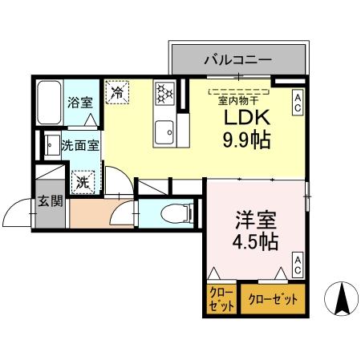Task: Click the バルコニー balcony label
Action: (237, 59)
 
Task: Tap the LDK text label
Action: (241, 119)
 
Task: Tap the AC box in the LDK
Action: (296, 101)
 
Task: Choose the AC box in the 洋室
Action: (297, 265)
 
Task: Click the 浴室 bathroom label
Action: (79, 103)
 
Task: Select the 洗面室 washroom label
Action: (79, 148)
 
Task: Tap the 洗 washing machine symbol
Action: (83, 182)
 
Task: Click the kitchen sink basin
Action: (166, 127)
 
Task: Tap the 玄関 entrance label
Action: (50, 201)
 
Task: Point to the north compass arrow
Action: (340, 299)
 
